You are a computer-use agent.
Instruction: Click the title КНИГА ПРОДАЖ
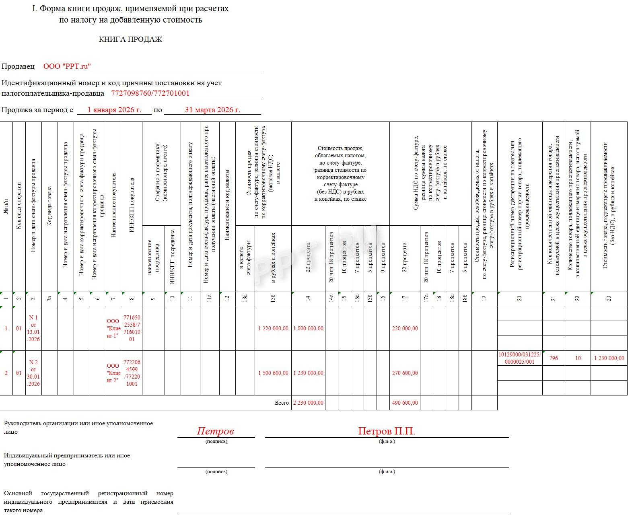(130, 39)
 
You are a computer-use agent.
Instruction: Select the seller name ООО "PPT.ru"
(67, 66)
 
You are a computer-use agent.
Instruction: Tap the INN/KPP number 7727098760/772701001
(150, 93)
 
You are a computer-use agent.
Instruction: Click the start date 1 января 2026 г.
(114, 110)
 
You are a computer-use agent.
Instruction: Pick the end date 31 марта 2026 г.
(212, 110)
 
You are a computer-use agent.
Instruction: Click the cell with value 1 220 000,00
(273, 328)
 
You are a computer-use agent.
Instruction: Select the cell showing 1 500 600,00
(273, 373)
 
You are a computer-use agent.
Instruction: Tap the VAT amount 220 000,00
(405, 328)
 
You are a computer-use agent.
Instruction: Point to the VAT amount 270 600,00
(405, 373)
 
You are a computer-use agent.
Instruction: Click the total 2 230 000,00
(308, 403)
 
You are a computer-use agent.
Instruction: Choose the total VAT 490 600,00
(405, 403)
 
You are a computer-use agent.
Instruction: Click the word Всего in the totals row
(282, 403)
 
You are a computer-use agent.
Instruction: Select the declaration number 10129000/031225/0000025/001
(520, 358)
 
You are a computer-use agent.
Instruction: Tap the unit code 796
(554, 358)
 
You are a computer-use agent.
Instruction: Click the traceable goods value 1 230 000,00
(609, 358)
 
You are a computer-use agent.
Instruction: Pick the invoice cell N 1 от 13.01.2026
(33, 328)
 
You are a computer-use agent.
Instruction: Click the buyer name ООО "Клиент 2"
(113, 373)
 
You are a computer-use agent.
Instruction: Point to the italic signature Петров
(215, 431)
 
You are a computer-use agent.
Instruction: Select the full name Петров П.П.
(387, 431)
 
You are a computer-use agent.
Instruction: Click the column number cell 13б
(273, 299)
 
